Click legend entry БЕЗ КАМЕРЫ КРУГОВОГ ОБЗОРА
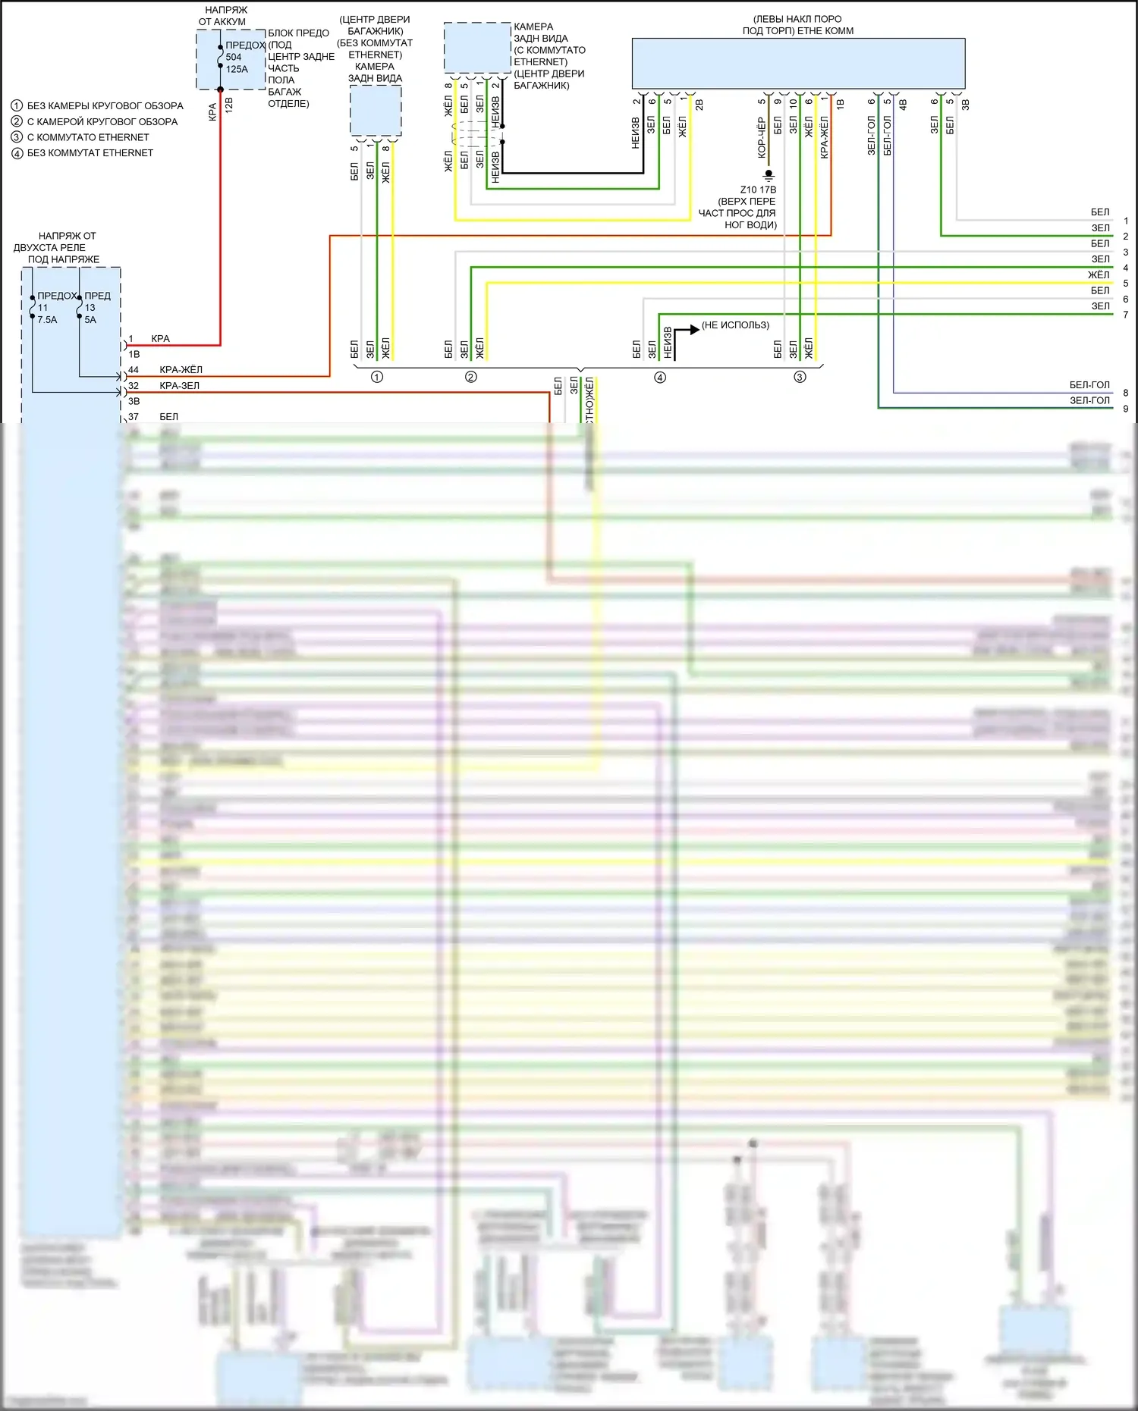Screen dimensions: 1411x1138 coord(105,106)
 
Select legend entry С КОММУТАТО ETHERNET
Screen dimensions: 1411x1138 coord(88,137)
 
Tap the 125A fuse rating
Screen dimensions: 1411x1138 coord(237,69)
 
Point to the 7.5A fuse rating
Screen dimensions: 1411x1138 coord(47,320)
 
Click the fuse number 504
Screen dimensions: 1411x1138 coord(234,57)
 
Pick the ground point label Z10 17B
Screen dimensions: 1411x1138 coord(758,190)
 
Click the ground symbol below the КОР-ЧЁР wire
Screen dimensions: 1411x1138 coord(769,175)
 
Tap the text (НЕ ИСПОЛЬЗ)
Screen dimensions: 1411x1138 coord(735,325)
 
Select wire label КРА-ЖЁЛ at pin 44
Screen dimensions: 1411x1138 coord(181,370)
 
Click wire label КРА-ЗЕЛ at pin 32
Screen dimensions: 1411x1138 coord(179,386)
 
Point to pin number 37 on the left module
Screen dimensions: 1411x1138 coord(134,417)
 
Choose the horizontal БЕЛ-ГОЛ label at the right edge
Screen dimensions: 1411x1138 coord(1089,385)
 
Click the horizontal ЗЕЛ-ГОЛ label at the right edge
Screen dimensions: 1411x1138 coord(1089,400)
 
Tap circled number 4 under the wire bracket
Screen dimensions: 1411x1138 coord(660,378)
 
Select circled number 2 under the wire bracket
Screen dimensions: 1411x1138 coord(471,378)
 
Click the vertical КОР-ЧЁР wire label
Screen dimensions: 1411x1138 coord(762,137)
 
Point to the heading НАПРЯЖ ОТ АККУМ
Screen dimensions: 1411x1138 coord(224,16)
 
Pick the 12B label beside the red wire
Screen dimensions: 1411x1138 coord(229,105)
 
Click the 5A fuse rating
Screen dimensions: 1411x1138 coord(90,320)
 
